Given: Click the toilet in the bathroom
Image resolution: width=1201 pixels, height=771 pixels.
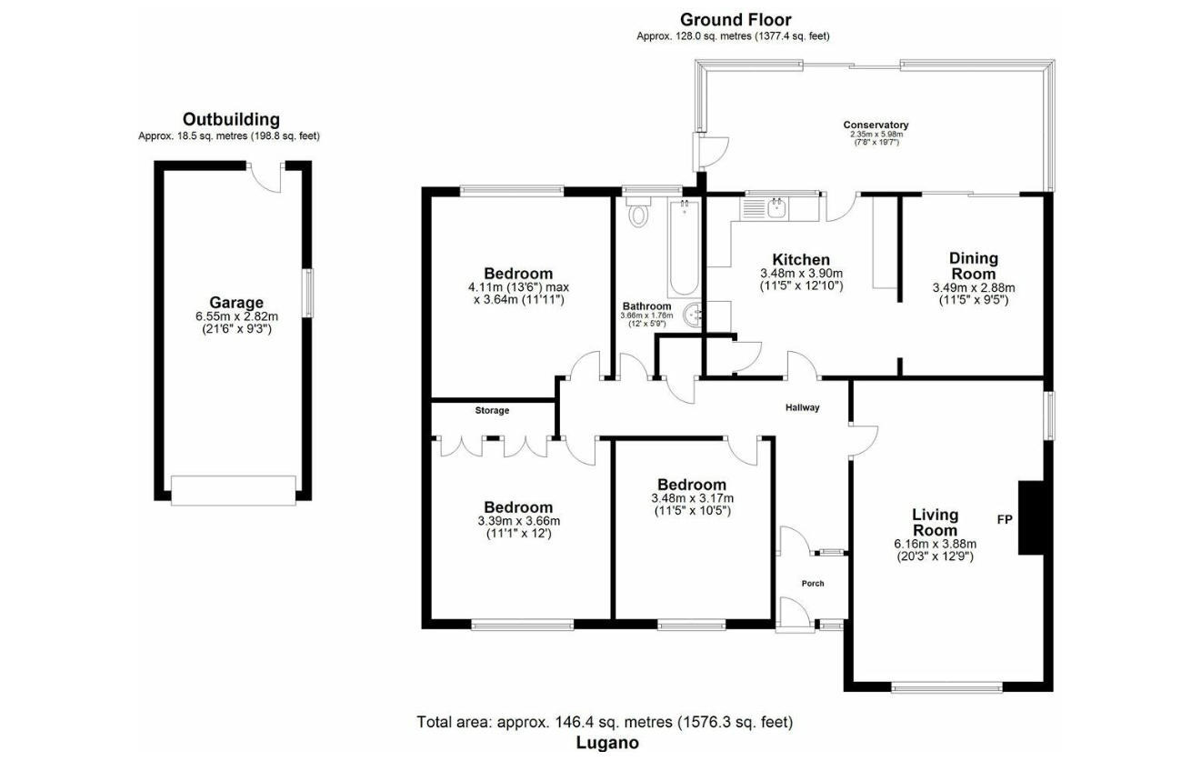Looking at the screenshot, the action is coord(638,213).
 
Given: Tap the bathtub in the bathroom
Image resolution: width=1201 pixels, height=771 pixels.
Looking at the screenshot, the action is coord(684,247).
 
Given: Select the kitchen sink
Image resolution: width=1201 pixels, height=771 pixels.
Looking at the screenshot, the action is coord(776,208).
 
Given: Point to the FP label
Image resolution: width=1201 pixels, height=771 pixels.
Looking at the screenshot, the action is coord(1005,519).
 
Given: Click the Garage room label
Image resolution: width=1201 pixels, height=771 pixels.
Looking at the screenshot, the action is coord(236,303).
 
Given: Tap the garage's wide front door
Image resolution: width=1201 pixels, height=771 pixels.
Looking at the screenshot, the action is coord(234,490).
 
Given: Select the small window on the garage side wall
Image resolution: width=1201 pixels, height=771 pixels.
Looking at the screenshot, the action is coord(308,294).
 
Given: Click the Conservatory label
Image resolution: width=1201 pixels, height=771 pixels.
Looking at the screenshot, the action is coord(876,125).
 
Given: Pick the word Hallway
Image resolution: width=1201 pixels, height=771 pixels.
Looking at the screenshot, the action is coord(803,407).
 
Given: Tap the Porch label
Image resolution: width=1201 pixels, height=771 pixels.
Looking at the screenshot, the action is coord(813,584).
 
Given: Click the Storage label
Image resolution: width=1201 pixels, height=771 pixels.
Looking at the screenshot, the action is coord(492,410).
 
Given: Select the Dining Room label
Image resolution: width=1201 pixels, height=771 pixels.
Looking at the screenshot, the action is coord(974,265).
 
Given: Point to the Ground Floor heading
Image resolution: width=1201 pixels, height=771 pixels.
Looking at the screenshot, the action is coord(736,20).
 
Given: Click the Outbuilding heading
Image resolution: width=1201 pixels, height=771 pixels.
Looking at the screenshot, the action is coord(231,119).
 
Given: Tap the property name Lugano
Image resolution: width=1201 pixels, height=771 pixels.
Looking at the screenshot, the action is coord(607,743).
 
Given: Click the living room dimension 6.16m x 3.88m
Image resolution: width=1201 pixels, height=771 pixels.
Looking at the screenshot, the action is coord(935,544).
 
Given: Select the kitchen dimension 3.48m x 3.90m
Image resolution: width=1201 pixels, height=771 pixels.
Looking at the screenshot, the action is coord(802,274).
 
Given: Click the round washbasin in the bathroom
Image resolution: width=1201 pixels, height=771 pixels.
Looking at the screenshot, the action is coord(693,315).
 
